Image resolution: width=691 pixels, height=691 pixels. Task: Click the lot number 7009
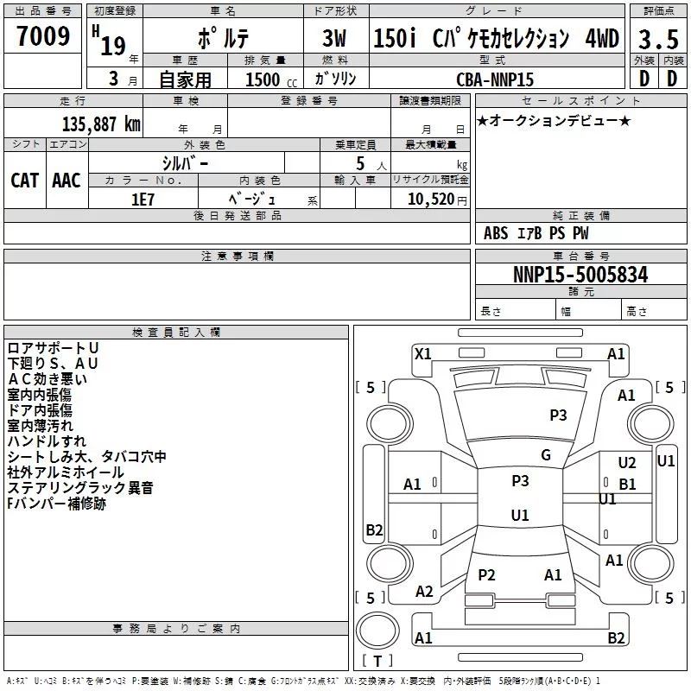[43, 35]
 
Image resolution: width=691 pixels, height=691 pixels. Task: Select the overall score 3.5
[658, 39]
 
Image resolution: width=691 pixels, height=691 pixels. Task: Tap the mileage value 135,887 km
[101, 124]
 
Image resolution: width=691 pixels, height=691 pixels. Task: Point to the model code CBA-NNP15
[495, 79]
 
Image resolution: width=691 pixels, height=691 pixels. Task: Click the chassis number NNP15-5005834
[580, 275]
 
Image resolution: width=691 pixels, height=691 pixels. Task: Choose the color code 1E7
[143, 200]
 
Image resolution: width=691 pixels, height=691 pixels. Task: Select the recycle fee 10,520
[431, 199]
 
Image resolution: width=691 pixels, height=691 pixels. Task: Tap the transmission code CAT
[24, 181]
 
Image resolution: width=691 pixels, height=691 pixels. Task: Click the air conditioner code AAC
[67, 181]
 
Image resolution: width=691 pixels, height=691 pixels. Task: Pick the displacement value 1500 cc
[271, 79]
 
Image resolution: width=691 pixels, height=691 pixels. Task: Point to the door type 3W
[334, 38]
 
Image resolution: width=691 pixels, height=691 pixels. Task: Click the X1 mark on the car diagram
[422, 354]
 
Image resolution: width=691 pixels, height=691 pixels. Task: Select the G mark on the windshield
[546, 455]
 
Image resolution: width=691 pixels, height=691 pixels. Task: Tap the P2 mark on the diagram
[486, 575]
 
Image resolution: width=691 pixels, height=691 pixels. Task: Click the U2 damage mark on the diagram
[627, 462]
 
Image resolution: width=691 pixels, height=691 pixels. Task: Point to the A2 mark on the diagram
[424, 592]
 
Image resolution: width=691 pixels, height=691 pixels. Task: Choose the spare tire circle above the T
[377, 631]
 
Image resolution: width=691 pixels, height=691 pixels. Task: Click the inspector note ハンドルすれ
[47, 441]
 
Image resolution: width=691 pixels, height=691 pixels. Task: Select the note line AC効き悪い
[48, 379]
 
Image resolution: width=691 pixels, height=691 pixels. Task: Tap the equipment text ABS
[496, 233]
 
